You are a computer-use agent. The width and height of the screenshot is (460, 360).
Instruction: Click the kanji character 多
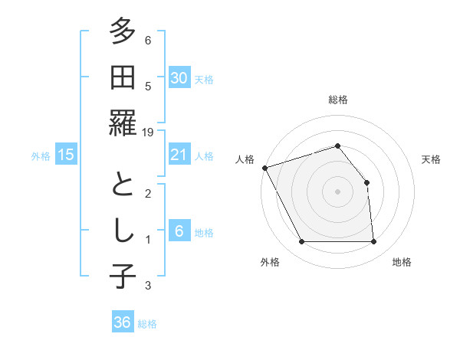coord(123,33)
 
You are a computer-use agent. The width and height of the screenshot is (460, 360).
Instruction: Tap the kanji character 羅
coord(123,124)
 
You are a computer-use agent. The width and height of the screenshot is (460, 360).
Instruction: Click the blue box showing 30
coord(179,78)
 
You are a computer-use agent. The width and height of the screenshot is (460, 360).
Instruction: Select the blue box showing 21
coord(179,155)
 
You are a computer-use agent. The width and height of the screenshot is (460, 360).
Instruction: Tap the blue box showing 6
coord(179,231)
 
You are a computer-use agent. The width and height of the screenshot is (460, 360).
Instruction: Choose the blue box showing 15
coord(66,155)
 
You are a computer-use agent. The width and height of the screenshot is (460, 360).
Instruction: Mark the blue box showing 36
coord(122,322)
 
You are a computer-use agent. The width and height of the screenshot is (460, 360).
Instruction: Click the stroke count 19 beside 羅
coord(148,133)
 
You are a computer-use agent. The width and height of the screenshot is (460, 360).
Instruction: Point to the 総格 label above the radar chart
coord(338,100)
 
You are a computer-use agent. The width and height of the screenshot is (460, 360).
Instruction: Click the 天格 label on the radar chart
coord(431,159)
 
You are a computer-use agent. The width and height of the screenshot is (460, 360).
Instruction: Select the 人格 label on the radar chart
coord(245,159)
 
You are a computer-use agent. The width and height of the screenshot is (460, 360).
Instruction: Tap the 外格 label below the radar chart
coord(270,262)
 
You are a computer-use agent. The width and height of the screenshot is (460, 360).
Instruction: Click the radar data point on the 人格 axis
coord(264,167)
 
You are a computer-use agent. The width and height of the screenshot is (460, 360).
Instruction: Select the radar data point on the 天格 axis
coord(366,182)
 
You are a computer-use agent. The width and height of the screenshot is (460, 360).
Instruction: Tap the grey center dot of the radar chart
coord(338,191)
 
